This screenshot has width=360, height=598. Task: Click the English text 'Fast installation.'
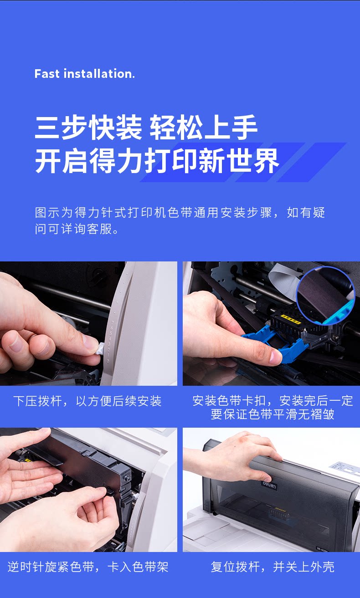[84, 74]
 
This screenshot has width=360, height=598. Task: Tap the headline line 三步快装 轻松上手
[146, 128]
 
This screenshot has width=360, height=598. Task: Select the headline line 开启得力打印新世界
[157, 161]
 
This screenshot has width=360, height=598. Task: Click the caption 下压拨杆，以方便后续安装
[87, 401]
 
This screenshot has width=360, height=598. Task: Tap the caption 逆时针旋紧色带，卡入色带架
[88, 567]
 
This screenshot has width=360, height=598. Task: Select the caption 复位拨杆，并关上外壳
[273, 567]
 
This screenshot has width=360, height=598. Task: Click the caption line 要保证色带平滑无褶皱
[273, 414]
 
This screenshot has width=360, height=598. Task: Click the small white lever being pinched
[99, 349]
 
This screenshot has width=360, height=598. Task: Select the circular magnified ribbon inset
[326, 295]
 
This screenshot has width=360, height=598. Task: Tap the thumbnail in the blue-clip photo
[275, 356]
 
